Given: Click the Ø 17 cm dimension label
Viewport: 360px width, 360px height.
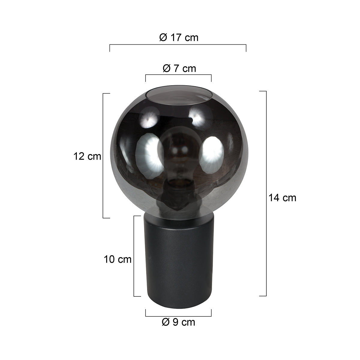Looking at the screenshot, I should [x=179, y=37].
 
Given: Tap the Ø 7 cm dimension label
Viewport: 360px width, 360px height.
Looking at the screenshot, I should [x=179, y=68].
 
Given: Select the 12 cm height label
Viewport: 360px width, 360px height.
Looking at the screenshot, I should [x=87, y=156].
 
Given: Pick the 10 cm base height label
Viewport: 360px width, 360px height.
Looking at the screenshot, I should [x=118, y=259].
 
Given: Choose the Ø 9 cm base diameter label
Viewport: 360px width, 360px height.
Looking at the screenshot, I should [x=178, y=322].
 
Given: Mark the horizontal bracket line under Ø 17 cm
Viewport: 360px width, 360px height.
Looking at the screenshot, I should [x=178, y=45].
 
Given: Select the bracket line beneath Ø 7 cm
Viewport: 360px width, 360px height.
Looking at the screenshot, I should [x=178, y=75].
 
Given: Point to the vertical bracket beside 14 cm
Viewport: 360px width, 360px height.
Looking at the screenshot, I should [x=266, y=193].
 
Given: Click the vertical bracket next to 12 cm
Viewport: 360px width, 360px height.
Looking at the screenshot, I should [x=103, y=156].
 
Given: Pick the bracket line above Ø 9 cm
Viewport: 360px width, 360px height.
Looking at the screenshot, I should [x=178, y=316].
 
